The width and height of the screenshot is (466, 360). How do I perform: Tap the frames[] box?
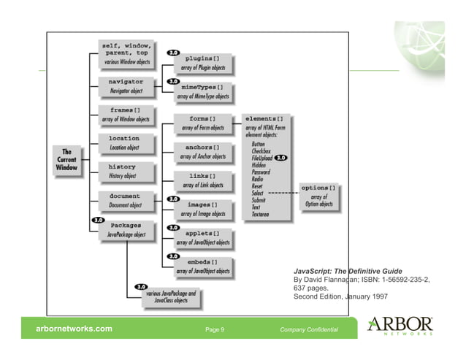pos(126,114)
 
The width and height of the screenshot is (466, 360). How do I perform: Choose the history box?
pos(126,171)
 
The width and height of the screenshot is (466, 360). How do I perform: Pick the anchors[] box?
pos(204,152)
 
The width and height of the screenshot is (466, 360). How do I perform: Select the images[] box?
pos(204,209)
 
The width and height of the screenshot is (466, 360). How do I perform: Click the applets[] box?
pos(204,238)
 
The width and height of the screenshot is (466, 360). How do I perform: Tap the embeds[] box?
pos(204,266)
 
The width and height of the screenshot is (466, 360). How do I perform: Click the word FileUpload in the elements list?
pos(262,158)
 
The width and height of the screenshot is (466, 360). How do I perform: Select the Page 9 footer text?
pos(215,330)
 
